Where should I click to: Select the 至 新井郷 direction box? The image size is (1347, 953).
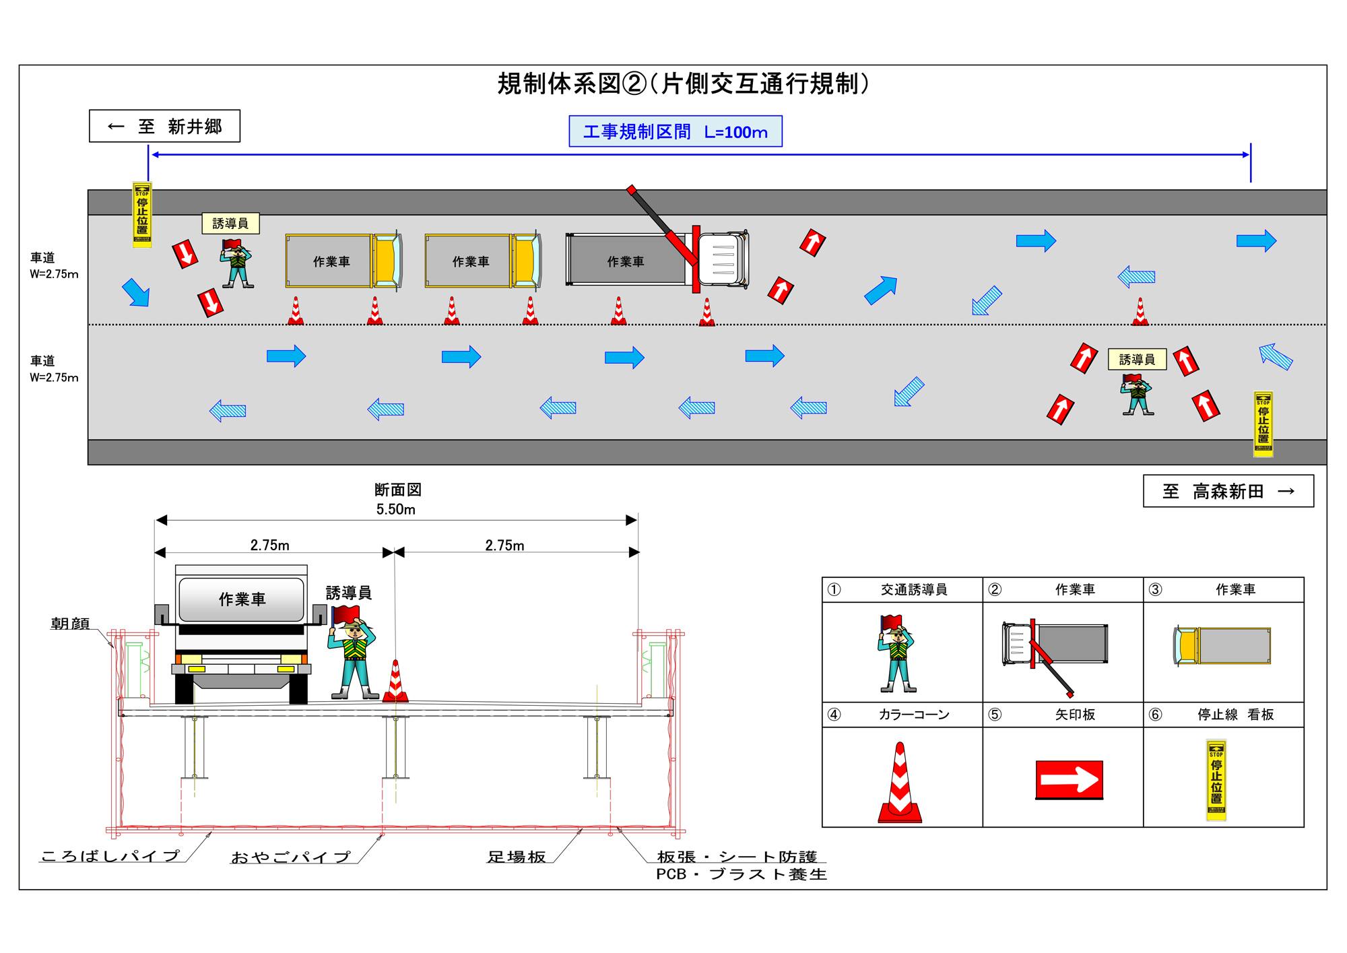pos(164,126)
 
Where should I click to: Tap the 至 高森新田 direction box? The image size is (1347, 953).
pos(1228,491)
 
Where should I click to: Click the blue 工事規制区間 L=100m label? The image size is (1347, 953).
pos(675,131)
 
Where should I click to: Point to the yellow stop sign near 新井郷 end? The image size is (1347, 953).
pos(142,215)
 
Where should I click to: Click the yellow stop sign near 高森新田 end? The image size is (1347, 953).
pos(1263,424)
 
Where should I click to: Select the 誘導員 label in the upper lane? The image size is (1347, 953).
pos(230,223)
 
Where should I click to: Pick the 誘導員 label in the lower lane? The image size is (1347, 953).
pos(1137,359)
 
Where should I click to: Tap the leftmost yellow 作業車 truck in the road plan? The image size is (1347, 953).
pos(343,261)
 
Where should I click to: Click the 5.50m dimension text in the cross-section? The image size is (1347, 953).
pos(396,509)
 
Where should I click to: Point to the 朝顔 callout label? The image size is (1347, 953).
pos(70,624)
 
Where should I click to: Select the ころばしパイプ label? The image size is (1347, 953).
pos(110,855)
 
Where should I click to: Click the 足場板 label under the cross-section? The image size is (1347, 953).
pos(517,857)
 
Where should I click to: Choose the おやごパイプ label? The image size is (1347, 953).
pos(291,857)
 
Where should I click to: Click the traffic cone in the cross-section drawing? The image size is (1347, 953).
pos(396,682)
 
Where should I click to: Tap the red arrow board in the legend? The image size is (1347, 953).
pos(1069,780)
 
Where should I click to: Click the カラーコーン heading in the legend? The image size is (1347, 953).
pos(913,714)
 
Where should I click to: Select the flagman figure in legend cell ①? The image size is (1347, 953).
pos(897,653)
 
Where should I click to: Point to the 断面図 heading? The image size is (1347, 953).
pos(397,490)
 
